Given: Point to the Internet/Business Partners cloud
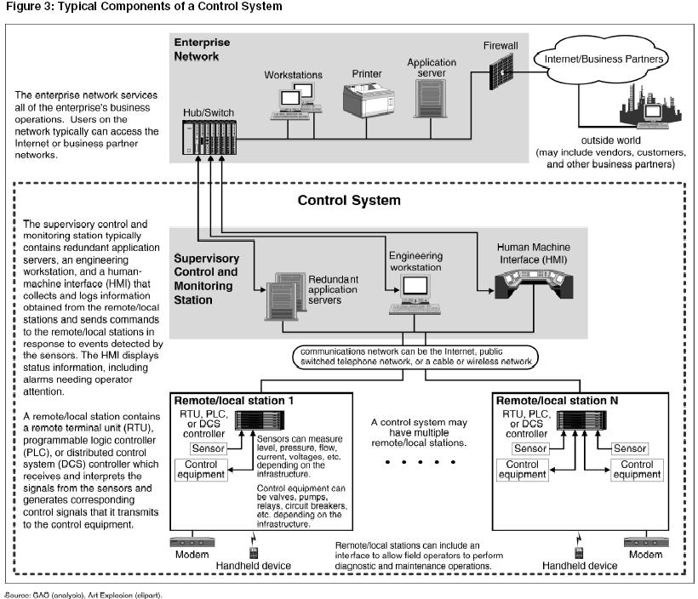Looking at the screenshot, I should coord(597,60).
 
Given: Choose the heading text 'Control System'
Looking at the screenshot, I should coord(348,202).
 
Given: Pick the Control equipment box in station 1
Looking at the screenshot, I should coord(201,470).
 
